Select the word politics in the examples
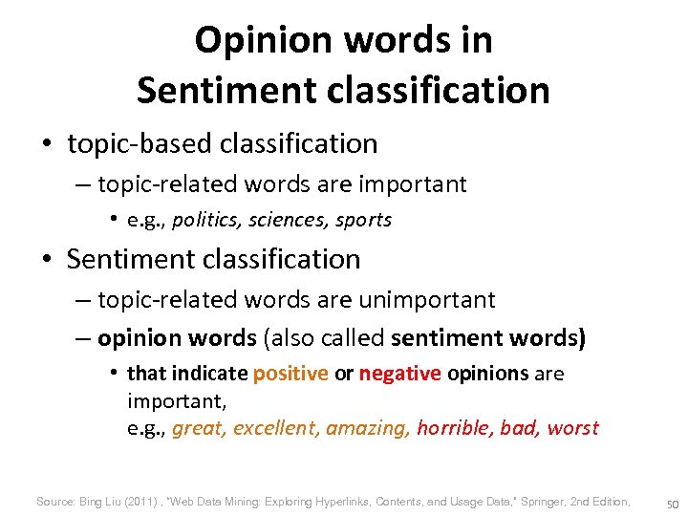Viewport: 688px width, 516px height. (206, 220)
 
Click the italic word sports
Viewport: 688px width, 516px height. (363, 220)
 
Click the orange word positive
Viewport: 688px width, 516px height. (290, 373)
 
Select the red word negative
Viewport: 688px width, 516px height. (400, 373)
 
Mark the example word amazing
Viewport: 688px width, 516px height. (368, 428)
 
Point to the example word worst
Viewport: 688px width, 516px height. (572, 428)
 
